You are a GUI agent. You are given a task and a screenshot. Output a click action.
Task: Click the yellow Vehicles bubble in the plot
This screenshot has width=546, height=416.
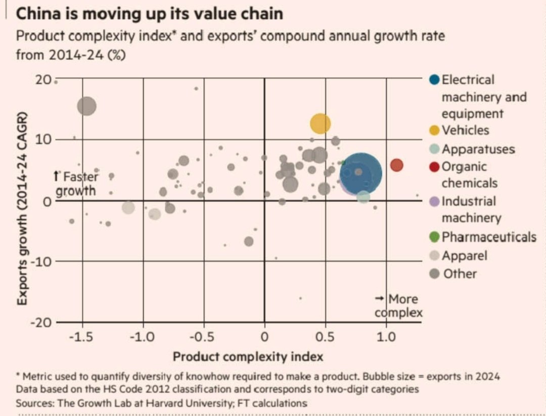point(320,123)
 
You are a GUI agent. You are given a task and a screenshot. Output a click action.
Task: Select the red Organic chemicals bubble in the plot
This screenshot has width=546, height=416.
point(397,165)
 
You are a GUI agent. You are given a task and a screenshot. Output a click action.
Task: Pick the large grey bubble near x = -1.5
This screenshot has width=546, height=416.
point(87,106)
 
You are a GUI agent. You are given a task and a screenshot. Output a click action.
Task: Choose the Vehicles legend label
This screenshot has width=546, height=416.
point(465,130)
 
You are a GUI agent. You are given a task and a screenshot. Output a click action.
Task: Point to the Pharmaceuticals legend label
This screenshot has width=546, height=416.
point(488,237)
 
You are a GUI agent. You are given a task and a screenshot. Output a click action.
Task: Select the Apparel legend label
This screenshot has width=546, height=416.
point(464,256)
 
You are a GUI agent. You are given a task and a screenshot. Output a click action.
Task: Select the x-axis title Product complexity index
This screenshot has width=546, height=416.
point(248,357)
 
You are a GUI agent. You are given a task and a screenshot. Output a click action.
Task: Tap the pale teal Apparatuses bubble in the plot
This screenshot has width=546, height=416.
point(363,197)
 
